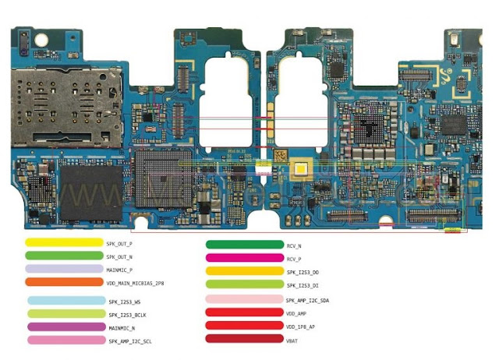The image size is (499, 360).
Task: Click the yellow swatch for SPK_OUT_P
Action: (x=64, y=243)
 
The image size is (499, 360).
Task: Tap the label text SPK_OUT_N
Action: (x=119, y=256)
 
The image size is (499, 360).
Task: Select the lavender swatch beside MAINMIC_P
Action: (x=64, y=269)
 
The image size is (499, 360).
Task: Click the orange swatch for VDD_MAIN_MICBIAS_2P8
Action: (x=64, y=282)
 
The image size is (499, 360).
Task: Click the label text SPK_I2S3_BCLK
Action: (x=126, y=314)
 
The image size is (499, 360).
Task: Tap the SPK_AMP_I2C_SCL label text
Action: (x=129, y=341)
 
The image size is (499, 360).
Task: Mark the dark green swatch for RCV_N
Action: (x=244, y=245)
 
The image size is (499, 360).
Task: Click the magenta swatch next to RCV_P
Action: (x=244, y=258)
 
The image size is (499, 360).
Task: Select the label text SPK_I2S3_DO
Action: (x=303, y=272)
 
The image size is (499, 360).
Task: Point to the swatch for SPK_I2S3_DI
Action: (x=244, y=285)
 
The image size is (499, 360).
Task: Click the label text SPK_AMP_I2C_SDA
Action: (x=307, y=300)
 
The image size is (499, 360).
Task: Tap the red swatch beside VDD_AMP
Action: (x=244, y=312)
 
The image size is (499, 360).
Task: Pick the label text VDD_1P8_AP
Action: (x=301, y=326)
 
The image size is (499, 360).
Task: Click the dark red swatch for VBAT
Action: (x=244, y=339)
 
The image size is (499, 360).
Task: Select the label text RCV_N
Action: (x=294, y=245)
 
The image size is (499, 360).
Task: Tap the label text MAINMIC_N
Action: (x=121, y=327)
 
